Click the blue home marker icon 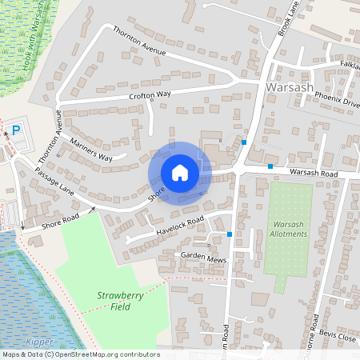point(180,172)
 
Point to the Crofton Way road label point(150,96)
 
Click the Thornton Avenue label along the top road point(139,41)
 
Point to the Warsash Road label point(315,173)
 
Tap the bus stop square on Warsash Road point(271,166)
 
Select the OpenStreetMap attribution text point(80,354)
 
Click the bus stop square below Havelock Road point(230,234)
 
